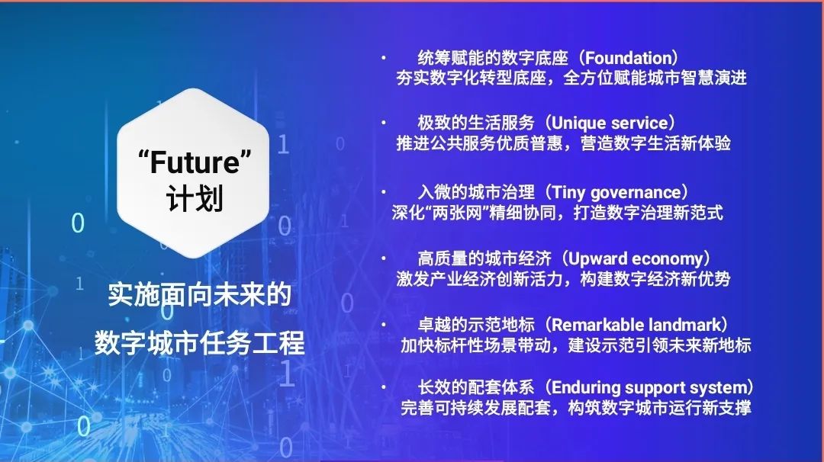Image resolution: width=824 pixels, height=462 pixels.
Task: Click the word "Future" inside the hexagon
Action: tap(195, 162)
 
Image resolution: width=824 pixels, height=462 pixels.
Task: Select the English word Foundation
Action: tap(628, 58)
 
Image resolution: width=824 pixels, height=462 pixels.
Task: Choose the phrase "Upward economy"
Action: tap(636, 258)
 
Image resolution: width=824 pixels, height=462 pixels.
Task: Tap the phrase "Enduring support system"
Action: tap(649, 388)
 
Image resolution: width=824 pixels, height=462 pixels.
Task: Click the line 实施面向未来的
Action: tap(199, 294)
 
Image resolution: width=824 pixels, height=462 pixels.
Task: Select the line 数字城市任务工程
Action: tap(200, 343)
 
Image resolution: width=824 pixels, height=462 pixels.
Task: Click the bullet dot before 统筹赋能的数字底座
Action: tap(384, 58)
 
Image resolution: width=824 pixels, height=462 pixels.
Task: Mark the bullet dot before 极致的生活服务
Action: tap(384, 123)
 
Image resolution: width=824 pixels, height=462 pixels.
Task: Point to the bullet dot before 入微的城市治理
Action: tap(384, 192)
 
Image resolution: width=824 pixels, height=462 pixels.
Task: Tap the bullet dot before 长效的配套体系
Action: tap(384, 387)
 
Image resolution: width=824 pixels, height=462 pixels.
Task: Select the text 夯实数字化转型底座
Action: tap(471, 79)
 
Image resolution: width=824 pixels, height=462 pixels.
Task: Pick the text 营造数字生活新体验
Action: tap(655, 143)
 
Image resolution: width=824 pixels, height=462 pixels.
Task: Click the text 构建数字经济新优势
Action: tap(655, 279)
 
